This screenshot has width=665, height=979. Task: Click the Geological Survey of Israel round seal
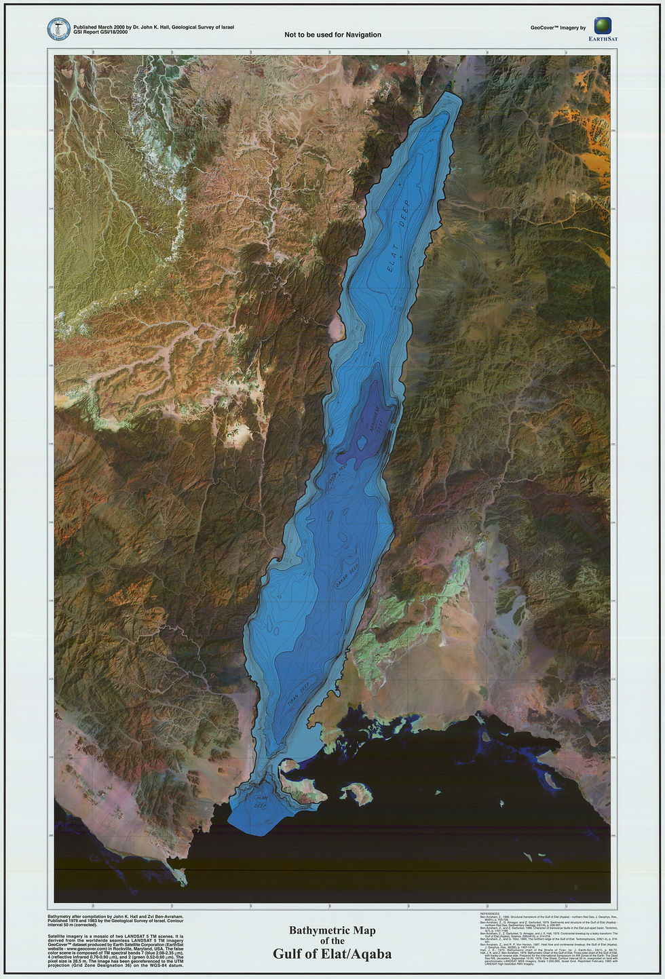[x=59, y=29]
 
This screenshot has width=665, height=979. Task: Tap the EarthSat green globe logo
[x=602, y=26]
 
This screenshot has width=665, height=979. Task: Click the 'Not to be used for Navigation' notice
[x=332, y=35]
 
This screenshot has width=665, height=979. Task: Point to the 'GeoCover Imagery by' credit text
[x=558, y=28]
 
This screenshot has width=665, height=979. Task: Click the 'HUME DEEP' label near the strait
[x=260, y=801]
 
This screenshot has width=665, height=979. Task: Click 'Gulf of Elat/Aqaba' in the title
[x=332, y=954]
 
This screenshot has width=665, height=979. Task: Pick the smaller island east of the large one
[x=356, y=792]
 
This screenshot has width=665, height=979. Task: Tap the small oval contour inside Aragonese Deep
[x=362, y=444]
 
